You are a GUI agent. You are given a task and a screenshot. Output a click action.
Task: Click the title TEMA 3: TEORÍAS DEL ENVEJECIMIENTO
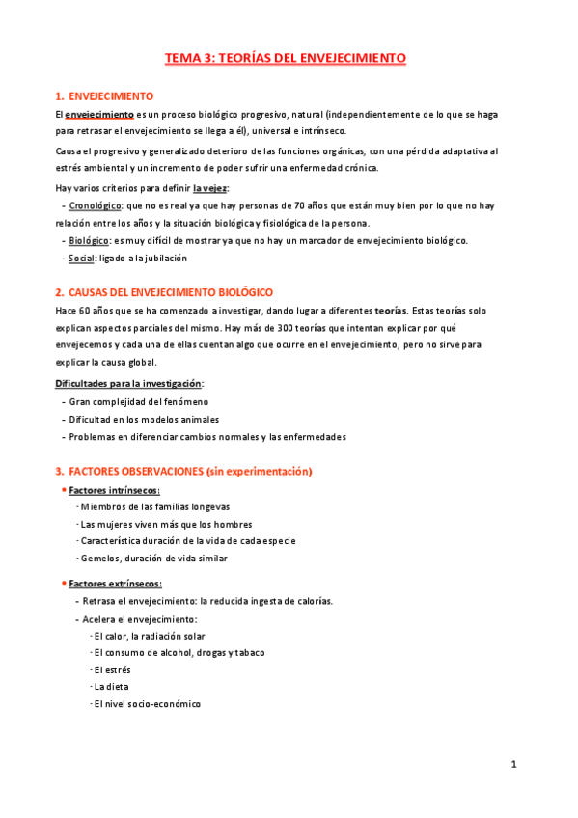pos(286,58)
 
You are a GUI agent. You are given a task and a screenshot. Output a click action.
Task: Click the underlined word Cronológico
pos(95,205)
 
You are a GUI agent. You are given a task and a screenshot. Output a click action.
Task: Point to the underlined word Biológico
pos(89,240)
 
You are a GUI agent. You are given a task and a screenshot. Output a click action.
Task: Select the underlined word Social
pos(81,258)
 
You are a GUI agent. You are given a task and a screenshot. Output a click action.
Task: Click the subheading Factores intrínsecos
pos(107,490)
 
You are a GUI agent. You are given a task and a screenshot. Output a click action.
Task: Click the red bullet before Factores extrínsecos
pos(63,583)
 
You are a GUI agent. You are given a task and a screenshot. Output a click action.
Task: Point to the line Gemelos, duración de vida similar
pos(149,558)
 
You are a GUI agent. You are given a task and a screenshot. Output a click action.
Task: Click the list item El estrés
pos(113,669)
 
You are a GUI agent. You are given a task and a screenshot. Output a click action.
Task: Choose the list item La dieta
pos(110,687)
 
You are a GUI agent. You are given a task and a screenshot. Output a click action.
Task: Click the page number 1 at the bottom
pos(514,765)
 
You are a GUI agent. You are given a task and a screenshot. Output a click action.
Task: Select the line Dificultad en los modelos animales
pos(143,419)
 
